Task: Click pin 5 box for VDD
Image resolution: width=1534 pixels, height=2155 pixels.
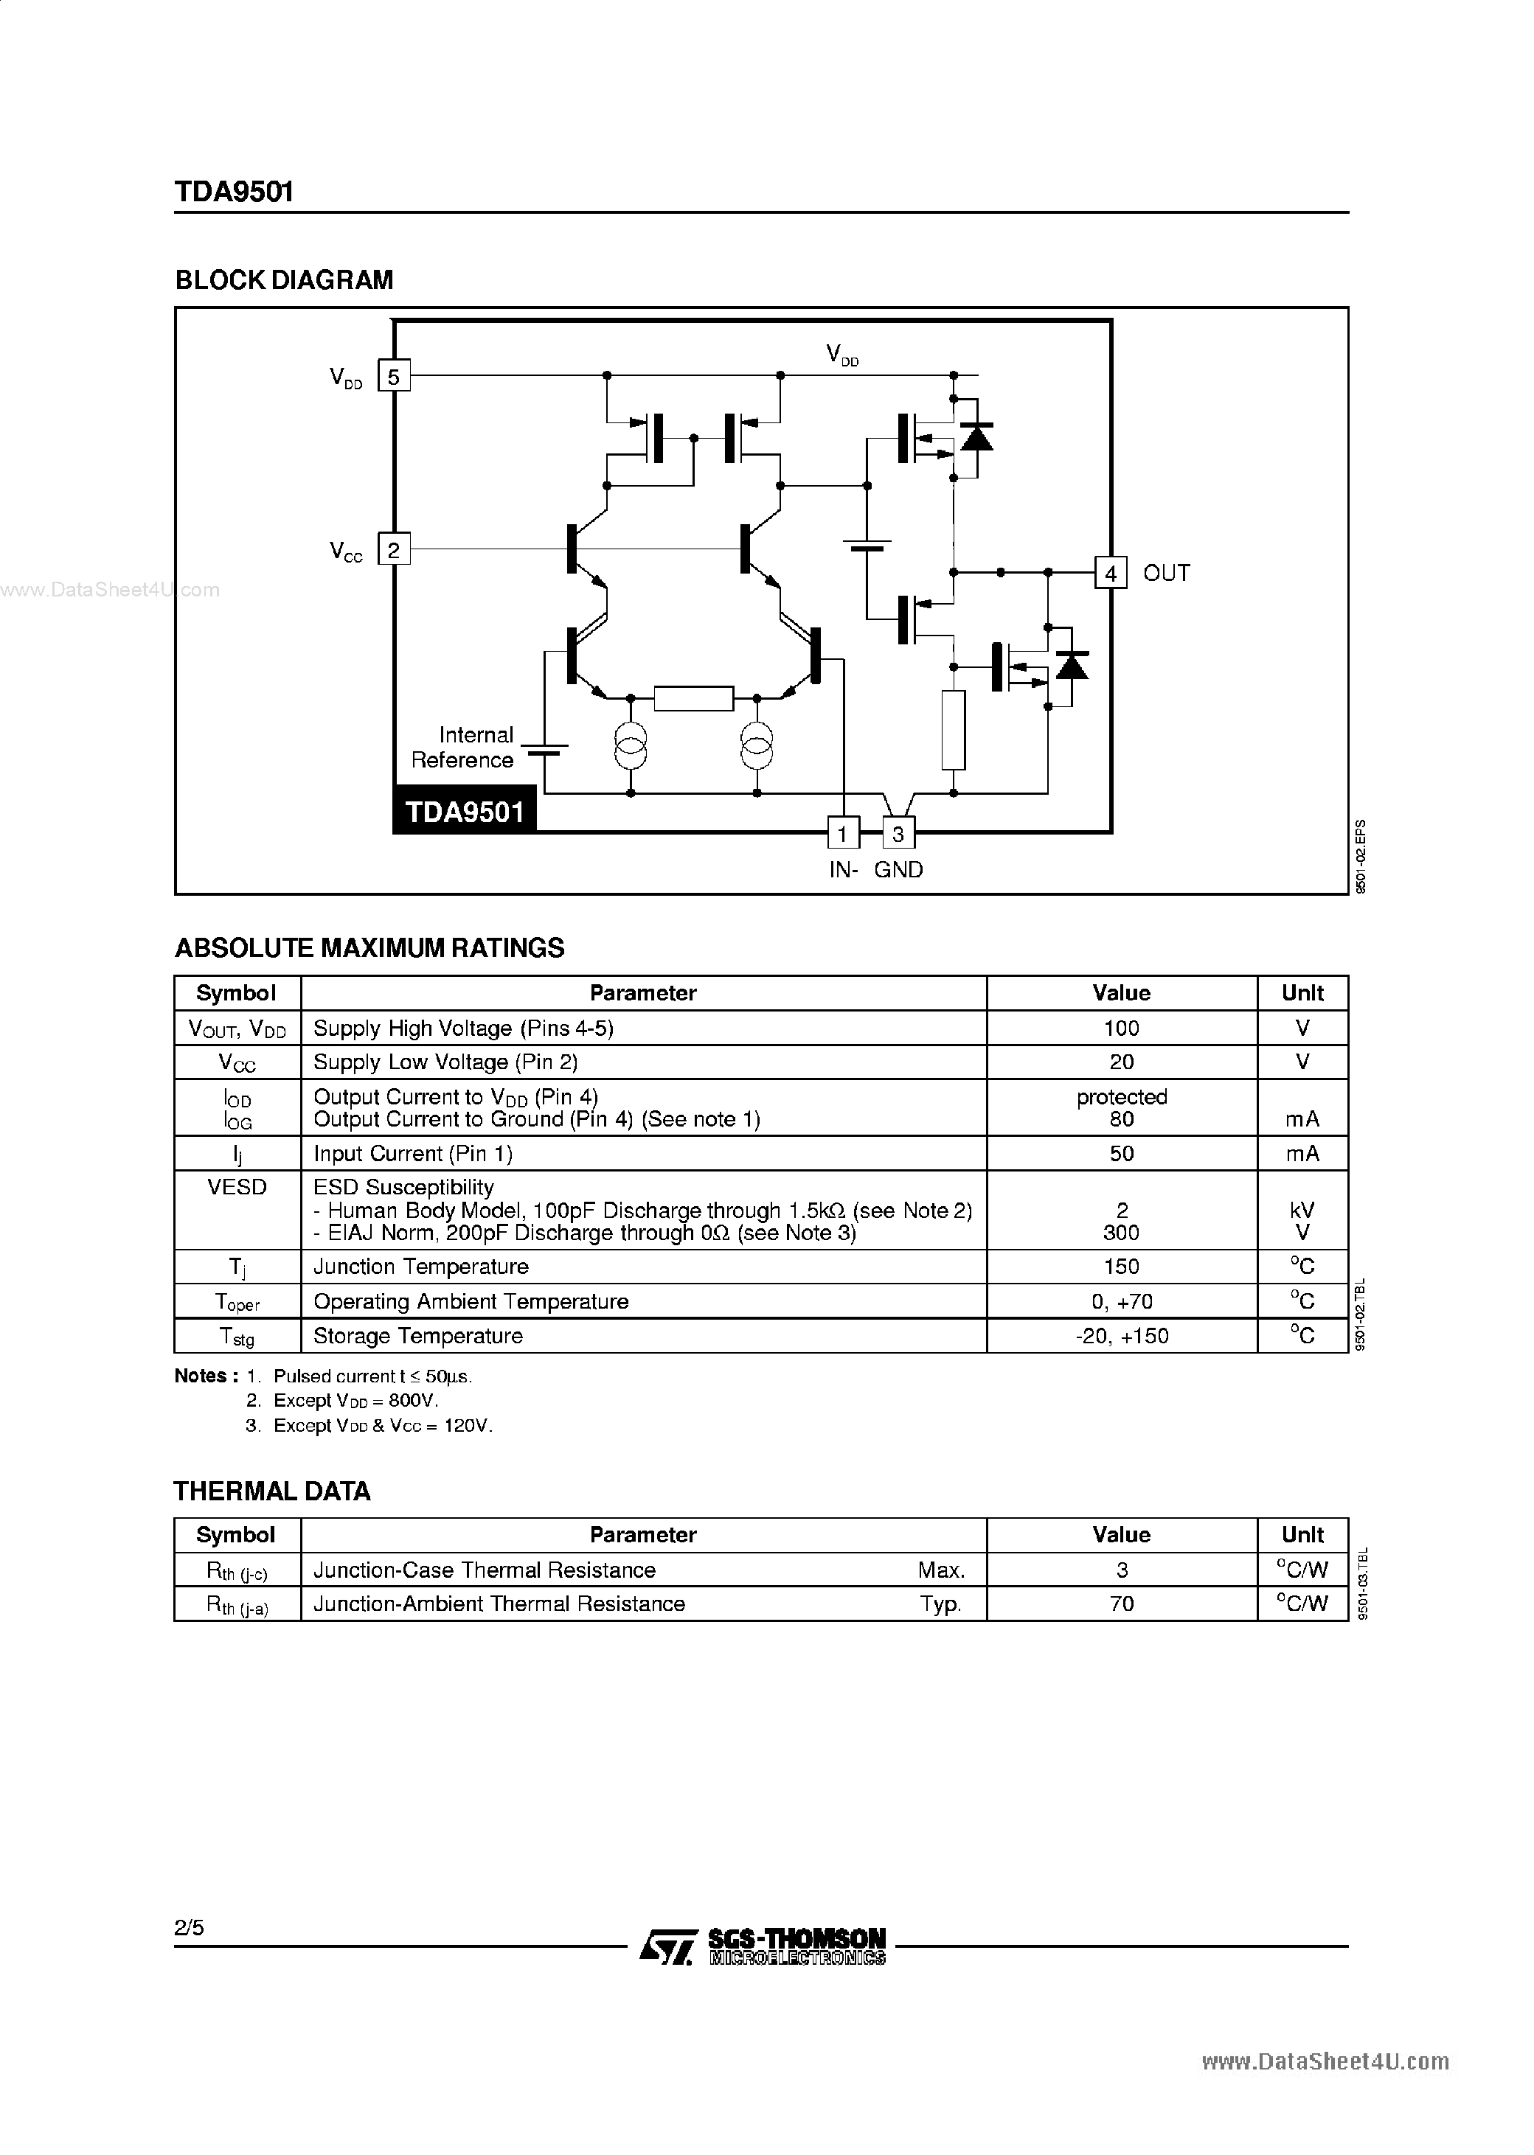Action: click(x=394, y=377)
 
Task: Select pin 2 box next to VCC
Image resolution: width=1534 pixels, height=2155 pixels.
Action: click(x=394, y=549)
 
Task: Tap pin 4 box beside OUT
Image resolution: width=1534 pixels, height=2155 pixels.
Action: click(x=1111, y=574)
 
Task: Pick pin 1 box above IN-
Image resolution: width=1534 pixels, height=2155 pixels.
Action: click(x=842, y=833)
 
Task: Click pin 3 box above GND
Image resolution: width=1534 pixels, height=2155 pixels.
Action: click(x=898, y=833)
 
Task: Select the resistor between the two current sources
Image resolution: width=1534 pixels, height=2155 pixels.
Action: click(x=693, y=698)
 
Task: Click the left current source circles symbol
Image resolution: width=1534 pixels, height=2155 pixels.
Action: click(x=631, y=745)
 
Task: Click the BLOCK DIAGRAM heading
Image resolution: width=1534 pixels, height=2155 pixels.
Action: click(x=285, y=280)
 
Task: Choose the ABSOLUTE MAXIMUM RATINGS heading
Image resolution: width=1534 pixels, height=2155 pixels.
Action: click(x=369, y=948)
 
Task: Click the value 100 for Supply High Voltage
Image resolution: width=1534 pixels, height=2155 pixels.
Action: click(x=1121, y=1028)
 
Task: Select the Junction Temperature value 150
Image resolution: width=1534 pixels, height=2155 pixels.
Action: click(x=1121, y=1267)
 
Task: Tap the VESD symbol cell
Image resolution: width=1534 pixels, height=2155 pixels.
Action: click(x=237, y=1187)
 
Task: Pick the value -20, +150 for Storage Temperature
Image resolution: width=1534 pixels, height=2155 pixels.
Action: click(x=1121, y=1336)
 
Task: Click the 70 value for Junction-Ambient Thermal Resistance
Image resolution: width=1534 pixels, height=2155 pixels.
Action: click(x=1121, y=1604)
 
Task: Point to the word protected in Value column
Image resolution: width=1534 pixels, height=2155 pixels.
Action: click(x=1121, y=1097)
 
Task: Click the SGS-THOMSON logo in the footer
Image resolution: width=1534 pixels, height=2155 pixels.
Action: click(x=763, y=1946)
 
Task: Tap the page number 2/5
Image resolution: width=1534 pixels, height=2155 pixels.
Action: click(x=189, y=1927)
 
